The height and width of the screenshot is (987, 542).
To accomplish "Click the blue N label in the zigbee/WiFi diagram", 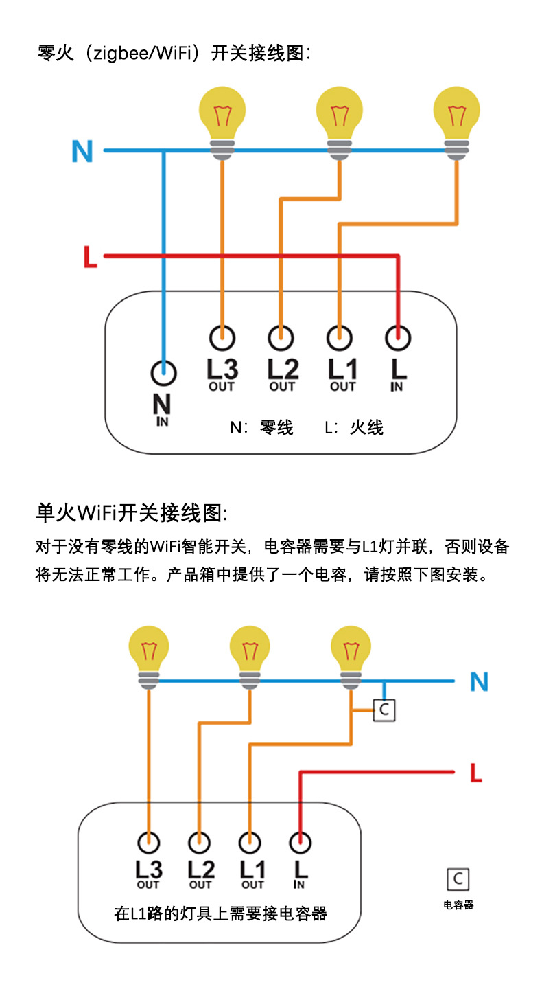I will pyautogui.click(x=82, y=151).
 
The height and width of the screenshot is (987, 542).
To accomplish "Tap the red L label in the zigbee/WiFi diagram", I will pyautogui.click(x=90, y=258).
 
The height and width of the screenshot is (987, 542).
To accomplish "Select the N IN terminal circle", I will pyautogui.click(x=163, y=374).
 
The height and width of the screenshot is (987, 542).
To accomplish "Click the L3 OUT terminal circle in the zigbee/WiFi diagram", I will pyautogui.click(x=222, y=337).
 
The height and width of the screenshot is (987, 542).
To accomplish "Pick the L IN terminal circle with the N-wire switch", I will pyautogui.click(x=398, y=337).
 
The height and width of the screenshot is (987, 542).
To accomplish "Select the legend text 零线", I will pyautogui.click(x=276, y=428).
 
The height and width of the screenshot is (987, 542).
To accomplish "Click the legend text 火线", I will pyautogui.click(x=366, y=428).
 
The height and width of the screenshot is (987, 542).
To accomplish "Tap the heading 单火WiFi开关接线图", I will pyautogui.click(x=130, y=512).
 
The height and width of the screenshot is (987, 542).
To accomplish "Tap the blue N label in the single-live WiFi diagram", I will pyautogui.click(x=479, y=682).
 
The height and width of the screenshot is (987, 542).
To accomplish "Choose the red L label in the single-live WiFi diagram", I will pyautogui.click(x=476, y=773).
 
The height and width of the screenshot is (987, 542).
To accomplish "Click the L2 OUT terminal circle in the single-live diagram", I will pyautogui.click(x=200, y=841).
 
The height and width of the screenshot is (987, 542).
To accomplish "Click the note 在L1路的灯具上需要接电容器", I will pyautogui.click(x=220, y=914).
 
